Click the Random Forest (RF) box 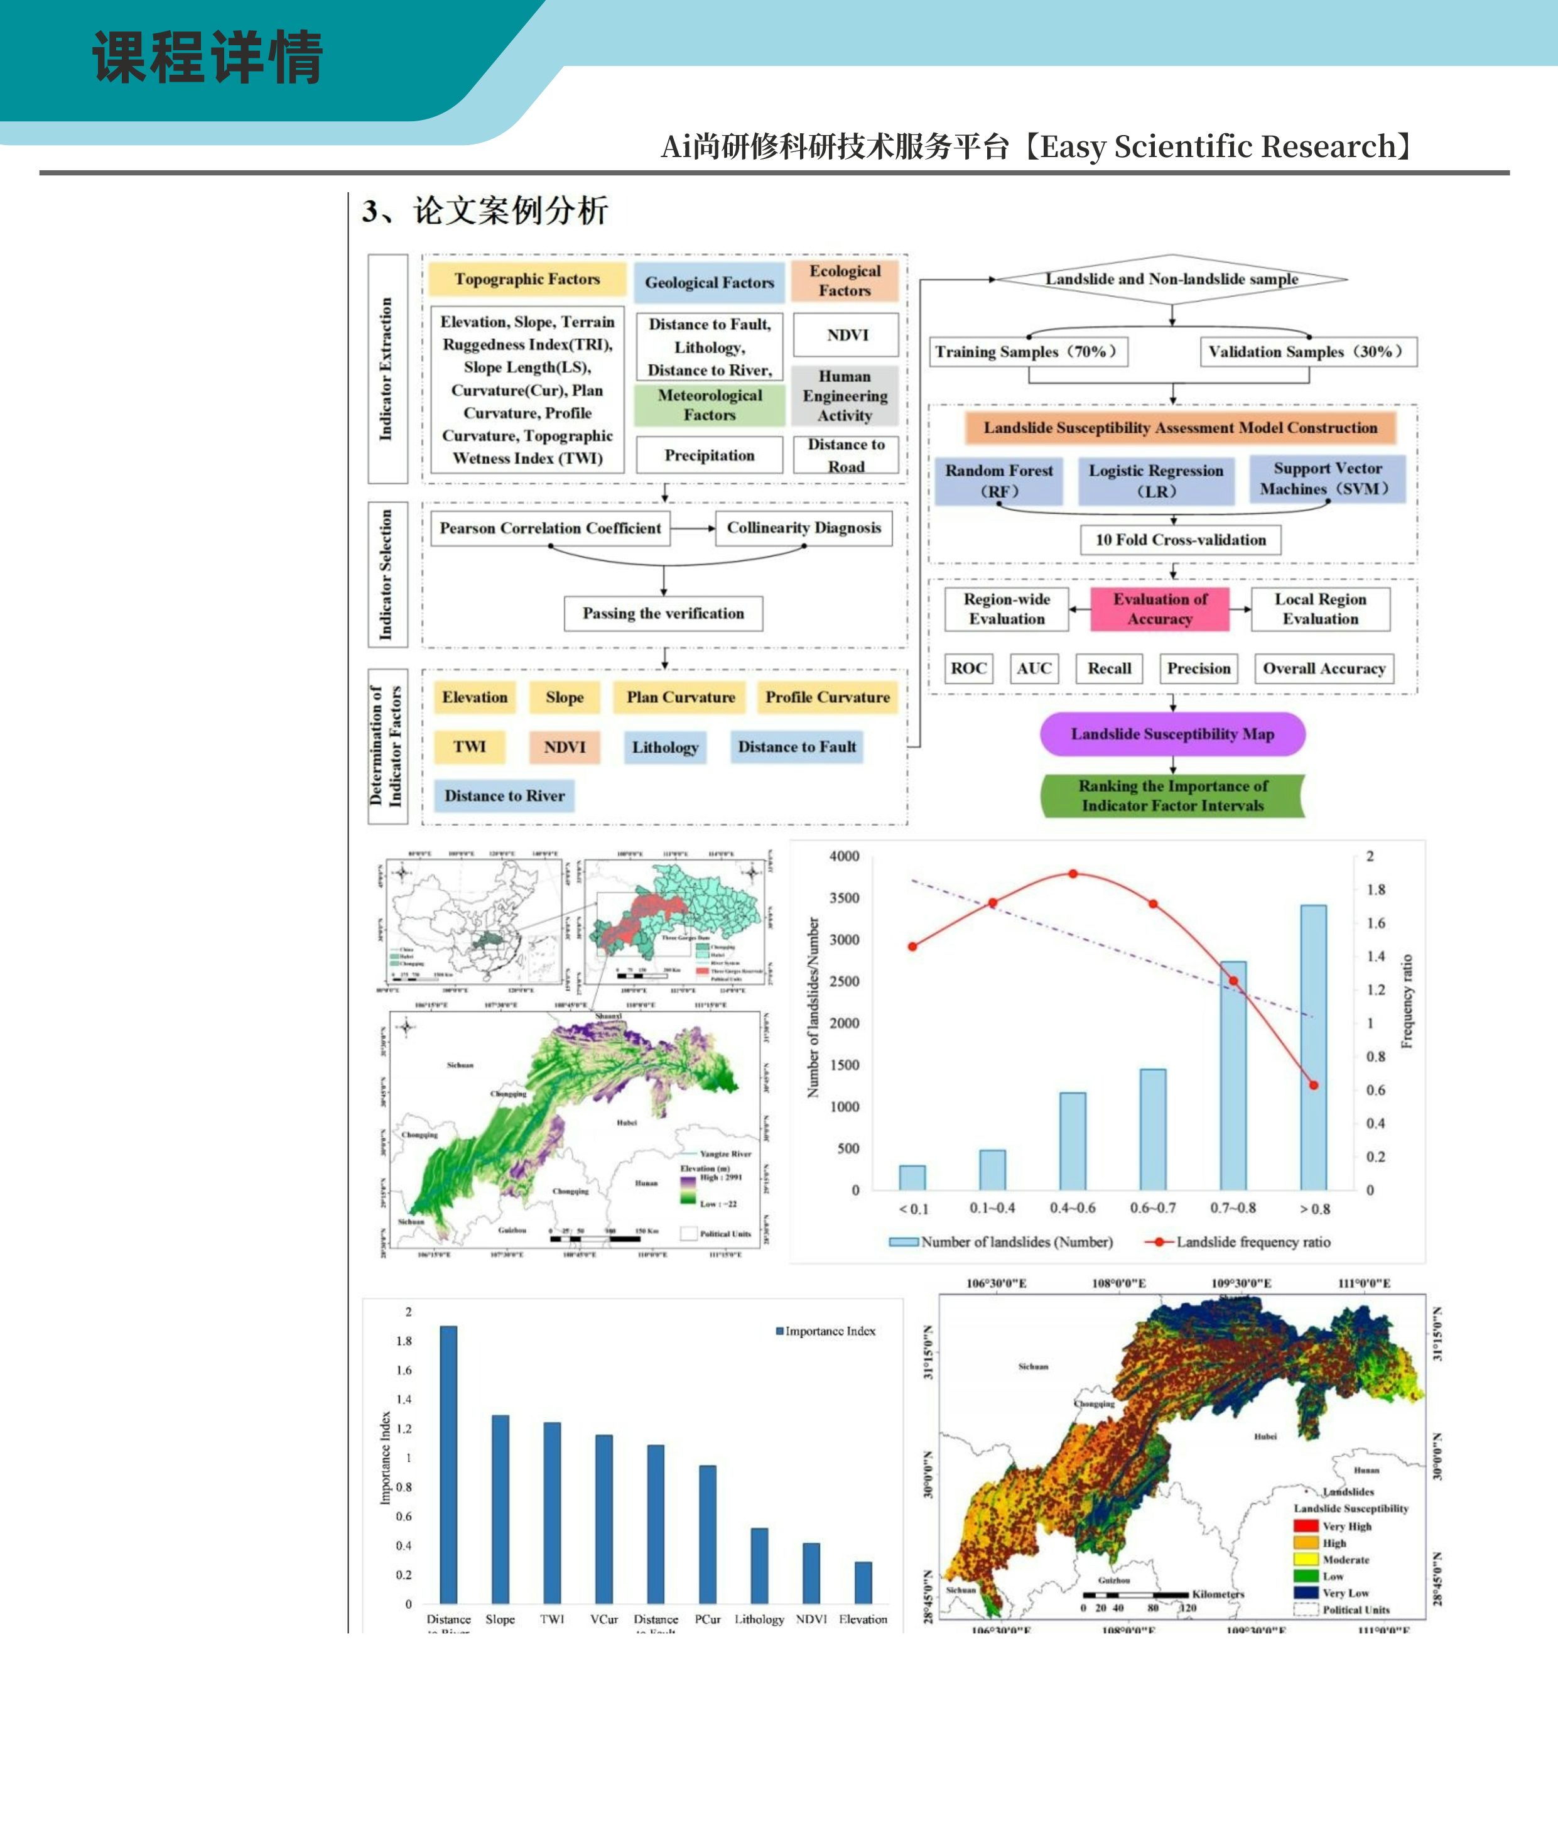[998, 481]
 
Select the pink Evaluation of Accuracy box [1159, 609]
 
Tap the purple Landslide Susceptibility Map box [1172, 734]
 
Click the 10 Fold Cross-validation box [1181, 540]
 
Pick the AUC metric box [1034, 668]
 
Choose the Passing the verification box [663, 613]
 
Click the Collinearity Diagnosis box [803, 528]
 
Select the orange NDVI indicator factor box [564, 747]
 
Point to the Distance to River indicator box [504, 795]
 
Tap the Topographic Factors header [527, 279]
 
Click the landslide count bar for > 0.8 [1314, 1047]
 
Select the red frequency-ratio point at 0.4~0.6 [1073, 874]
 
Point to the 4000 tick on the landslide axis [843, 856]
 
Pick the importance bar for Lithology [759, 1565]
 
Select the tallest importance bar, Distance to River [448, 1464]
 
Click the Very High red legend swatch [1306, 1526]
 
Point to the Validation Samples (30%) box [1308, 352]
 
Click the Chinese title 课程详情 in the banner [208, 58]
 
